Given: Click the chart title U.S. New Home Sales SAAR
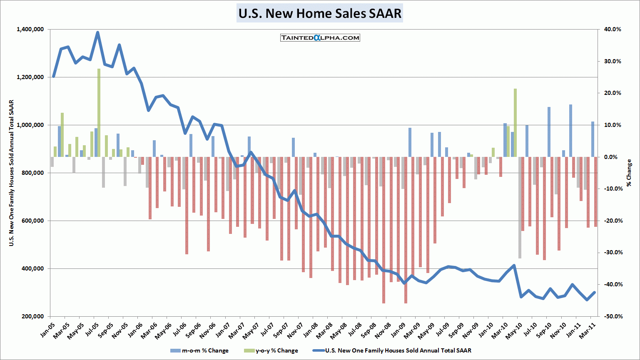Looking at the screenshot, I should point(319,13).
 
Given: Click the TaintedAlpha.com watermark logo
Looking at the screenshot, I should point(320,38).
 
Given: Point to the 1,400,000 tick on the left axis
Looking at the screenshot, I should point(30,30).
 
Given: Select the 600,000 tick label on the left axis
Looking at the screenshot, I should point(32,221).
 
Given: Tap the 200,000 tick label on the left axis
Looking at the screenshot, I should point(32,316).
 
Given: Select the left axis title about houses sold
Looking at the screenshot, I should point(12,173).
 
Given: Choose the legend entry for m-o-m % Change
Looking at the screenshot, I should point(199,350).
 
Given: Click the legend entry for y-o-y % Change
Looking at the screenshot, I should point(271,350).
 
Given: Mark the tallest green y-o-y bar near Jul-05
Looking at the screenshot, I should point(99,112).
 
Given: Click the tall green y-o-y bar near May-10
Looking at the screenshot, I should point(515,123).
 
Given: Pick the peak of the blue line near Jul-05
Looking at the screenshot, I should point(97,32).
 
